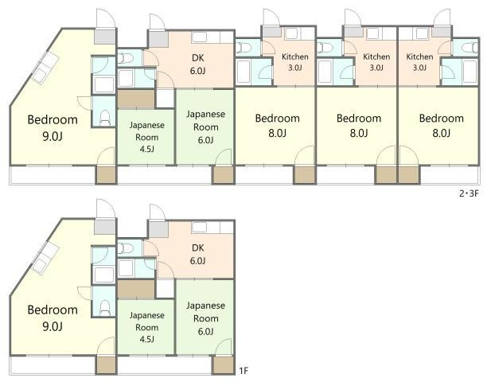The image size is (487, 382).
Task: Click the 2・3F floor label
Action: pyautogui.click(x=469, y=193)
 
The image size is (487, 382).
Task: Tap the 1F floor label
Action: pyautogui.click(x=243, y=371)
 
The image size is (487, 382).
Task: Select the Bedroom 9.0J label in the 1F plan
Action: pyautogui.click(x=53, y=318)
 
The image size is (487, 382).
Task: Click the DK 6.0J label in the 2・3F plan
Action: pyautogui.click(x=198, y=64)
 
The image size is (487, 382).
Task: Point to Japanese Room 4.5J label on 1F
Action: pyautogui.click(x=146, y=327)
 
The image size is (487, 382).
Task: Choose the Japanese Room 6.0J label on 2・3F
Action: pyautogui.click(x=205, y=127)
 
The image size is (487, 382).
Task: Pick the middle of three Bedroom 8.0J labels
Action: pyautogui.click(x=359, y=126)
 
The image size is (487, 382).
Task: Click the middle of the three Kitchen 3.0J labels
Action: pyautogui.click(x=376, y=62)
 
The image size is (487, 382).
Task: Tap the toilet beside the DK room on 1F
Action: pyautogui.click(x=125, y=248)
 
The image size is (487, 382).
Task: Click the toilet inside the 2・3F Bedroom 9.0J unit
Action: pyautogui.click(x=105, y=118)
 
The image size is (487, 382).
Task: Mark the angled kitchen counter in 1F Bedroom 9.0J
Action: pyautogui.click(x=45, y=258)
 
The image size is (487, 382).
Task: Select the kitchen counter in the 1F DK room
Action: pyautogui.click(x=212, y=227)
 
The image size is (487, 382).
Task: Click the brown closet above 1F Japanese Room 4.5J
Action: pyautogui.click(x=136, y=290)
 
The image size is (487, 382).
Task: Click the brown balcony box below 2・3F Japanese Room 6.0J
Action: pyautogui.click(x=223, y=175)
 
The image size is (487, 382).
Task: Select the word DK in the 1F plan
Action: pyautogui.click(x=198, y=248)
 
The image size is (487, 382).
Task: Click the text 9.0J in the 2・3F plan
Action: pyautogui.click(x=53, y=136)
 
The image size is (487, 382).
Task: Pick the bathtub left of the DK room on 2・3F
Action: pyautogui.click(x=126, y=78)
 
